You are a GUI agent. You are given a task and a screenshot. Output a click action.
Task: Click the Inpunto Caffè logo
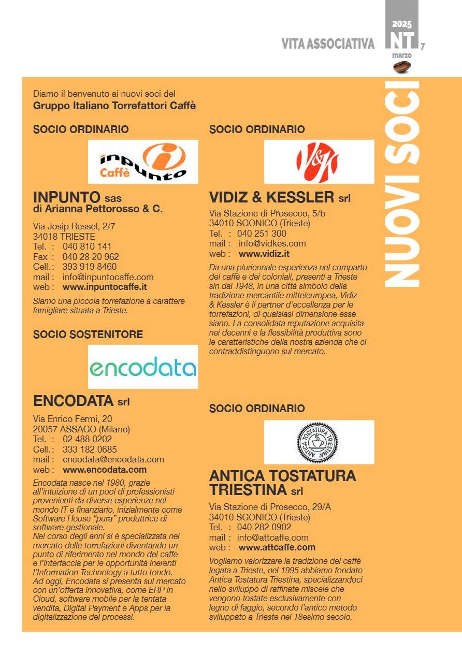[143, 162]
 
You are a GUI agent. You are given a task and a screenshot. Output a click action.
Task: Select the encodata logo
[143, 368]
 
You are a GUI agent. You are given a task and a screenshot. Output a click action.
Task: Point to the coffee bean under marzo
[402, 66]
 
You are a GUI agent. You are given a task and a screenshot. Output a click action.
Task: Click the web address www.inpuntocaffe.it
[105, 287]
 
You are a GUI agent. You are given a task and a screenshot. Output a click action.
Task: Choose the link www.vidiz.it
[264, 254]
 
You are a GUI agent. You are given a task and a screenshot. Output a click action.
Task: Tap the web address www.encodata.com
[105, 470]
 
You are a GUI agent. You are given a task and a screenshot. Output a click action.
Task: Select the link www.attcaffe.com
[277, 547]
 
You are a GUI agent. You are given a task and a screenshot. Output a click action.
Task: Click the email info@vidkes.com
[272, 243]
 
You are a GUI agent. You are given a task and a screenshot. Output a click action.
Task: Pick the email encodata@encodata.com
[113, 459]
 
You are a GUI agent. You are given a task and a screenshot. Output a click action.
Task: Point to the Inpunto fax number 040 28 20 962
[91, 256]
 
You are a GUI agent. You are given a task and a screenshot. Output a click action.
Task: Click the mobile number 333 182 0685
[90, 449]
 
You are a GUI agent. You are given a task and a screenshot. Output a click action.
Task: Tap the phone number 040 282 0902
[264, 527]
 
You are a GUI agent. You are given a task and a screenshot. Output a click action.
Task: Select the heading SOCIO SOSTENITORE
[88, 335]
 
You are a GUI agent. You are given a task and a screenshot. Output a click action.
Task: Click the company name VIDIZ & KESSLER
[272, 197]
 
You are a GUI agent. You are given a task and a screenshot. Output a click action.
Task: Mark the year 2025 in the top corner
[402, 24]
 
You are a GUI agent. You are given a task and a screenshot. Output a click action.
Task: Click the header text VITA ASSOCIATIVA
[328, 45]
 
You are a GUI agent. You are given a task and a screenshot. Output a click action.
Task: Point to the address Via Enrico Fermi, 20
[73, 418]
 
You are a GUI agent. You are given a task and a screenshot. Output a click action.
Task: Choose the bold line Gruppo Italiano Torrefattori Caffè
[114, 106]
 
